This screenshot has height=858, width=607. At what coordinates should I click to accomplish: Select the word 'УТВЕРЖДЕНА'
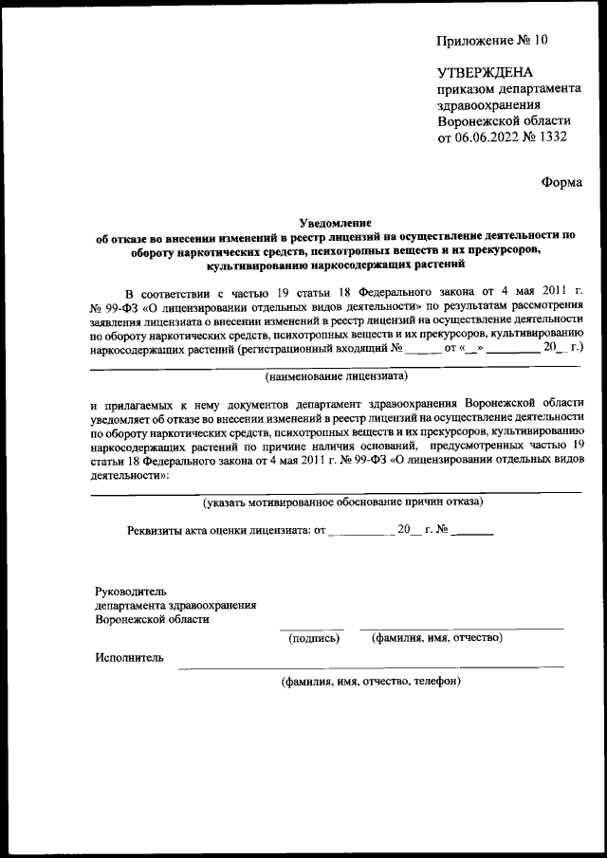[x=485, y=73]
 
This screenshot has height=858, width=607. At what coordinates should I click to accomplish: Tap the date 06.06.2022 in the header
[x=489, y=138]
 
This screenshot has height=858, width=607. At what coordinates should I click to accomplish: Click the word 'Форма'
[x=561, y=182]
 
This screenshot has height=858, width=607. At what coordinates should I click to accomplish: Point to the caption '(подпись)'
[x=313, y=638]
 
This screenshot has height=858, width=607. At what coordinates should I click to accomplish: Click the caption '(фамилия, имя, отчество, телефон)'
[x=370, y=681]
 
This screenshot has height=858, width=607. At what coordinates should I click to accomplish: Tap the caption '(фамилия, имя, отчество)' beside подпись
[x=436, y=638]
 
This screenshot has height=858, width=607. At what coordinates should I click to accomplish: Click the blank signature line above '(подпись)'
[x=311, y=628]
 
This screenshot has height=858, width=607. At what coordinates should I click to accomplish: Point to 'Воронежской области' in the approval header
[x=504, y=122]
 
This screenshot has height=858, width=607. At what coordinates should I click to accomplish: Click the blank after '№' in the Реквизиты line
[x=473, y=532]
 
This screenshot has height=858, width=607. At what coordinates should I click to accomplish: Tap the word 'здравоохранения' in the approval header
[x=488, y=105]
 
